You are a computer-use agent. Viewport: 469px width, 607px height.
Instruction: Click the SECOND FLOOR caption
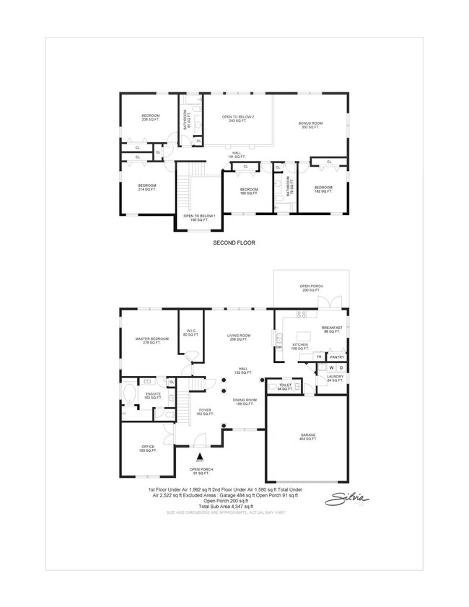click(x=234, y=243)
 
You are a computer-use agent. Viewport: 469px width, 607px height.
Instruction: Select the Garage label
click(x=308, y=437)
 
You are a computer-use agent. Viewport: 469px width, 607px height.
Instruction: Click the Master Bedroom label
click(x=152, y=341)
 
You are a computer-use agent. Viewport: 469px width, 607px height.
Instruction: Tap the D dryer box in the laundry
click(x=340, y=368)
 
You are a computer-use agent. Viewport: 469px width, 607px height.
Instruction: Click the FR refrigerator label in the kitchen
click(x=318, y=357)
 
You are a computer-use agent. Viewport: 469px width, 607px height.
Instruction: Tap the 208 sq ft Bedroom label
click(x=150, y=118)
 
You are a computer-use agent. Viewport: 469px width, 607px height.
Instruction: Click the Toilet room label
click(x=286, y=387)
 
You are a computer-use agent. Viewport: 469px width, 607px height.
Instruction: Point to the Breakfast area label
click(x=332, y=329)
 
